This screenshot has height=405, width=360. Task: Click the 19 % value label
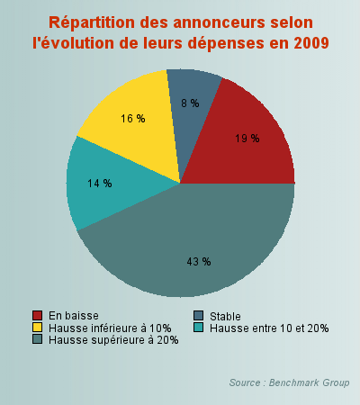[247, 139]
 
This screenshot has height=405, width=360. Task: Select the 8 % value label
[189, 103]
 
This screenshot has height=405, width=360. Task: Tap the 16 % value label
[132, 119]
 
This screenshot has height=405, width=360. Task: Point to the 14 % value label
[100, 183]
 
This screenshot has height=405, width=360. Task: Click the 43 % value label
[198, 261]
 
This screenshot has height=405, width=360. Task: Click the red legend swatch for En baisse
[38, 315]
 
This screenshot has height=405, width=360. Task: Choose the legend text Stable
[224, 316]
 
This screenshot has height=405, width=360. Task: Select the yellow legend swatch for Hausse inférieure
[38, 328]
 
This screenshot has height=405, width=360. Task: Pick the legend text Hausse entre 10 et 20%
[269, 328]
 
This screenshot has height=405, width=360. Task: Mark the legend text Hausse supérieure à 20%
[113, 340]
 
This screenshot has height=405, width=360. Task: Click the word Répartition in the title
[93, 22]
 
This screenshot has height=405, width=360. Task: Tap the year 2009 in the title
[308, 42]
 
